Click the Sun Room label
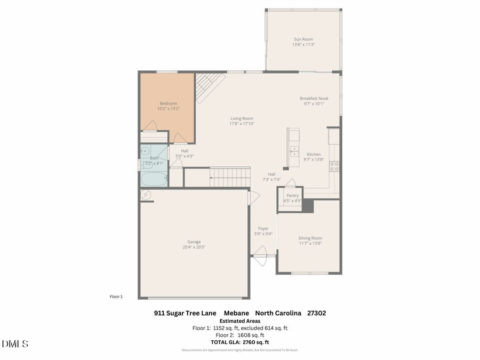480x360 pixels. click(x=303, y=39)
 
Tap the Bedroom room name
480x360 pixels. click(x=168, y=103)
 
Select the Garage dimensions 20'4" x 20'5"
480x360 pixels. click(x=194, y=247)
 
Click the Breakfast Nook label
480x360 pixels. click(x=314, y=98)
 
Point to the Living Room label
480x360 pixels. click(x=242, y=118)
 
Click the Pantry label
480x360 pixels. click(x=292, y=195)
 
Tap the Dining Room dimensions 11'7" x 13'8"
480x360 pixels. click(x=310, y=244)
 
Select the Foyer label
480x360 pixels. click(x=263, y=228)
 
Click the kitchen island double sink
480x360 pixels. click(x=293, y=150)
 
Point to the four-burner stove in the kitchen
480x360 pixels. click(x=334, y=166)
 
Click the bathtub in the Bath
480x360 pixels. click(x=154, y=178)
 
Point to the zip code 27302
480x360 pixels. click(x=316, y=313)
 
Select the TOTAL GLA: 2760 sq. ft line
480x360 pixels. click(x=240, y=342)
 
